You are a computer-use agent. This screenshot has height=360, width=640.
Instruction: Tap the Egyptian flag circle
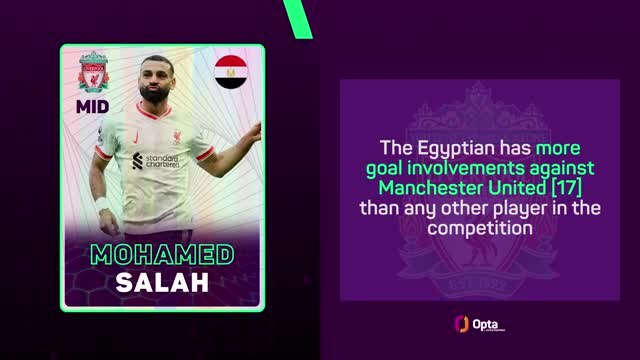click(231, 73)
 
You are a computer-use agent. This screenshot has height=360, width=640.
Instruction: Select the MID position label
click(93, 106)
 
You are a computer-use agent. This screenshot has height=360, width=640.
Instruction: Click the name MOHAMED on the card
click(162, 253)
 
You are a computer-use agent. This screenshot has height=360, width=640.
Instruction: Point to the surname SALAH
click(162, 282)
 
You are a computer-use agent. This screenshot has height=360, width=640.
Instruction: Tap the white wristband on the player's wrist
click(100, 205)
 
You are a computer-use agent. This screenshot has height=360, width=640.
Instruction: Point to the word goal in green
click(385, 167)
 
